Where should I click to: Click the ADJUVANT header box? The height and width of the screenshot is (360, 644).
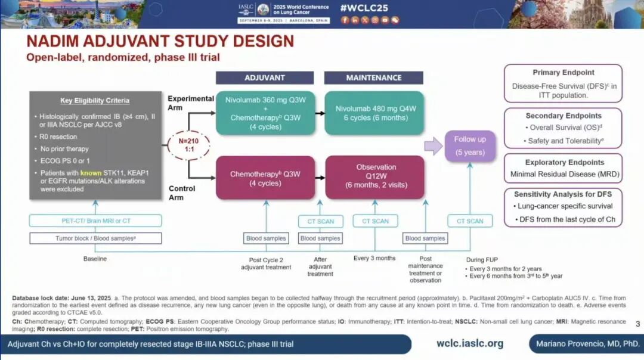[x=264, y=78]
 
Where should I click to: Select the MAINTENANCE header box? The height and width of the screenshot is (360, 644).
[x=373, y=78]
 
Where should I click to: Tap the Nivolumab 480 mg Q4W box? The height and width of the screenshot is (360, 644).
[x=374, y=113]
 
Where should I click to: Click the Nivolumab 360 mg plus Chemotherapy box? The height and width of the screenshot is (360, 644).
[x=265, y=113]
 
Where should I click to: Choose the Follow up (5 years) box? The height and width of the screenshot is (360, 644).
[x=470, y=145]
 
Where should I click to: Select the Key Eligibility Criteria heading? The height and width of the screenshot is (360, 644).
[x=95, y=101]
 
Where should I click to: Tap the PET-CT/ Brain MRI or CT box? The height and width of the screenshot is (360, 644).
[x=95, y=221]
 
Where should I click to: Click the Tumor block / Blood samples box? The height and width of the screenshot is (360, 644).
[x=95, y=238]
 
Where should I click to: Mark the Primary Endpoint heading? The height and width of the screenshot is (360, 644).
[x=563, y=73]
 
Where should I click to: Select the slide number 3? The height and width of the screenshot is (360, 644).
[x=637, y=324]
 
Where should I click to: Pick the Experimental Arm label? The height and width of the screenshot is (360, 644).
[x=191, y=103]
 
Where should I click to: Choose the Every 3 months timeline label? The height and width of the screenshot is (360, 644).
[x=374, y=258]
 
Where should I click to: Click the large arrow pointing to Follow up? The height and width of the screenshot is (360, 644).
[x=434, y=145]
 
